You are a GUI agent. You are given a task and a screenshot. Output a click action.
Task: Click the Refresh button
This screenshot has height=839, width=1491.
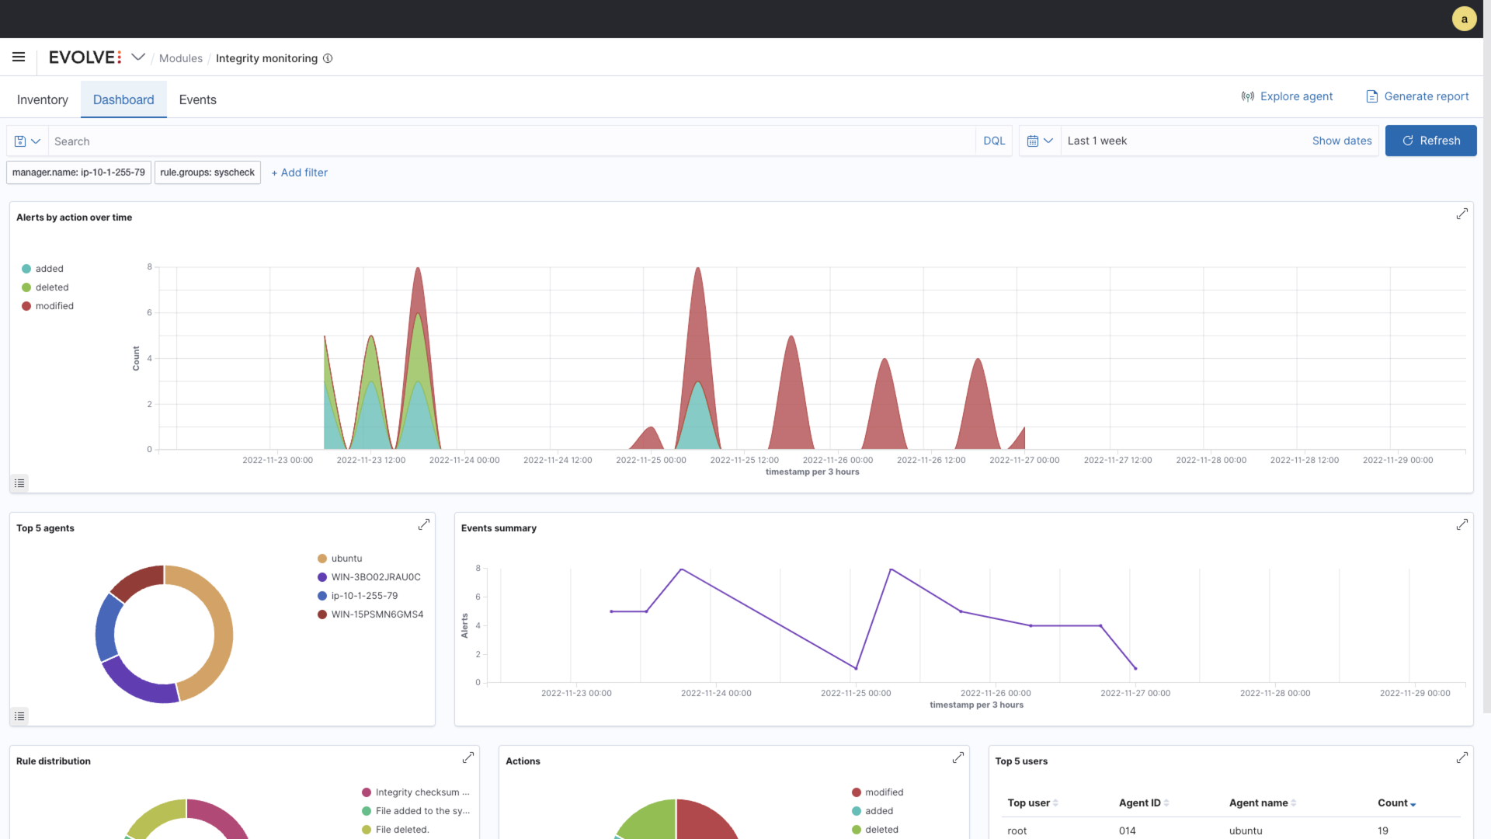click(1430, 141)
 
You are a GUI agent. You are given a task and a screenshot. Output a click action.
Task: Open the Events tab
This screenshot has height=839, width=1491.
click(197, 99)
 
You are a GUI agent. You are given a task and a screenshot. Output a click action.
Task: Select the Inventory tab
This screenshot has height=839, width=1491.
click(43, 99)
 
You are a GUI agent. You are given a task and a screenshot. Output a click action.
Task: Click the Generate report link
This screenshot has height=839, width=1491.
click(1417, 96)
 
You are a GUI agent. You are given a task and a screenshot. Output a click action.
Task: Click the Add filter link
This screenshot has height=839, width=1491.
click(300, 172)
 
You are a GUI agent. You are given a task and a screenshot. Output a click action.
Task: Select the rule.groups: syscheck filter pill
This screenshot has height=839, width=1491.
click(207, 172)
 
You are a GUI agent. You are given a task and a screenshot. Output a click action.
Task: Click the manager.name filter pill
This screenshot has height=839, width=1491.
click(78, 172)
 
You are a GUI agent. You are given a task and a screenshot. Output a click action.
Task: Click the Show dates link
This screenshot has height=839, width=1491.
click(1341, 141)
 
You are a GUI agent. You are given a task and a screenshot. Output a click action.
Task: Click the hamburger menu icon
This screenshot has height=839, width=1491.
click(19, 57)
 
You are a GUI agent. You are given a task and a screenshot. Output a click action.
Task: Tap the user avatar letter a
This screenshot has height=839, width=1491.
click(1464, 19)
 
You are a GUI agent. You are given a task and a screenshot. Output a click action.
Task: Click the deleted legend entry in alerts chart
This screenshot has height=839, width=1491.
click(51, 287)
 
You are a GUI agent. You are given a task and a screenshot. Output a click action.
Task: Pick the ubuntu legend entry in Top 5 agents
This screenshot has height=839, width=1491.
click(346, 559)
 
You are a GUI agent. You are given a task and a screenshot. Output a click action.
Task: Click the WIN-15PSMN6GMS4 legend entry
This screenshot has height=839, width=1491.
click(377, 614)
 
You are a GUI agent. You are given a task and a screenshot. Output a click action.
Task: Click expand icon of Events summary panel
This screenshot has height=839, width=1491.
click(1461, 525)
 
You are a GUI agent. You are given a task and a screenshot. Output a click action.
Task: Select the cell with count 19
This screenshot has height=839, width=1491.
click(1382, 830)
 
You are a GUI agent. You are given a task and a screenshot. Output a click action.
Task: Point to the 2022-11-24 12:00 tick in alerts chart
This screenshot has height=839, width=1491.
click(557, 460)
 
